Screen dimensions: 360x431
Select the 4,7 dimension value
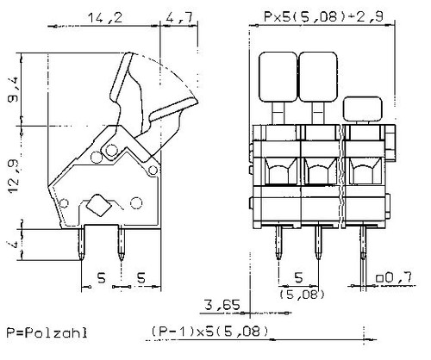coord(179,16)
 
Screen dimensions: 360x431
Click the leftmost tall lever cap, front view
coord(278,70)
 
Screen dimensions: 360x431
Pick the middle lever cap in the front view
coord(317,70)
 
